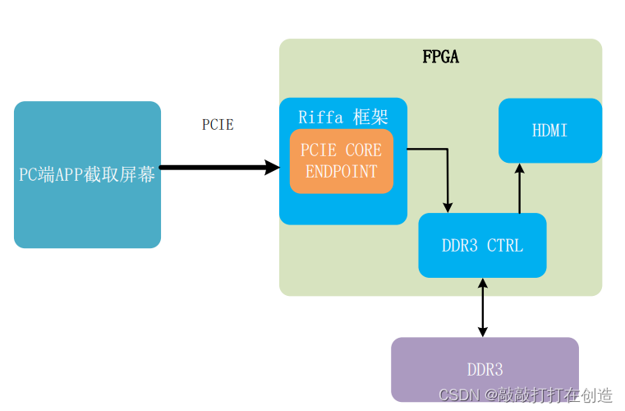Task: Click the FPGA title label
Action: point(440,57)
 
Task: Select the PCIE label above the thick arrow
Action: point(218,125)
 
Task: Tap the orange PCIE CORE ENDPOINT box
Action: point(341,161)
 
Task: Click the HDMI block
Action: point(549,131)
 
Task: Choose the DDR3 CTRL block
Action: point(482,245)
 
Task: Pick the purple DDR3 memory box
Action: point(485,369)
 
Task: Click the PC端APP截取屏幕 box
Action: point(87,175)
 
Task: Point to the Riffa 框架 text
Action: point(342,116)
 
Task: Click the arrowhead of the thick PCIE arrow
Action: point(272,168)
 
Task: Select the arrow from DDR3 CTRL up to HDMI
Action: point(519,189)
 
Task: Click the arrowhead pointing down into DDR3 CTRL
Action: point(448,206)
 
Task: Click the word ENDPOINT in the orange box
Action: point(341,172)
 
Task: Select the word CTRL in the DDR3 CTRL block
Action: point(504,245)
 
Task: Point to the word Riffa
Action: point(320,116)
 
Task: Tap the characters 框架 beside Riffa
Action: point(369,116)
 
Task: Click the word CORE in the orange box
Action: point(363,150)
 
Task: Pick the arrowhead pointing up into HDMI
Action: point(519,169)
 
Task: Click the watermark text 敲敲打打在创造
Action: point(558,395)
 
